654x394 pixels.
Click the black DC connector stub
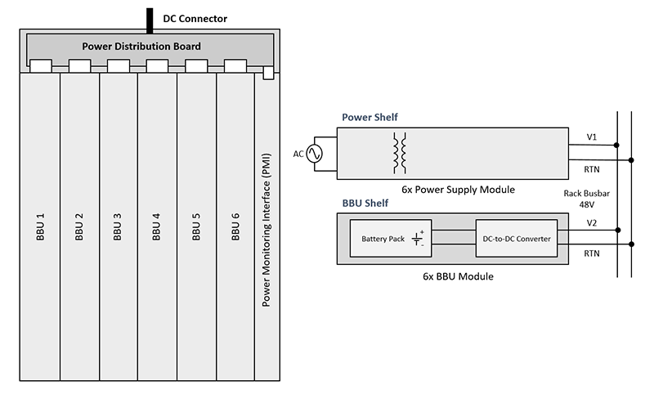[x=150, y=19]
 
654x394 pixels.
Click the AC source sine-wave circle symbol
[x=313, y=154]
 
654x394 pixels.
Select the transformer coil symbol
[x=400, y=153]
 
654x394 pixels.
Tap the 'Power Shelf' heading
[x=370, y=118]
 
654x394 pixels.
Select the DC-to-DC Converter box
[x=515, y=239]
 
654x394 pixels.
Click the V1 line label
[x=592, y=137]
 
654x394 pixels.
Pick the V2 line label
[x=592, y=222]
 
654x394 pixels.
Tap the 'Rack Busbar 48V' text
[x=587, y=198]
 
